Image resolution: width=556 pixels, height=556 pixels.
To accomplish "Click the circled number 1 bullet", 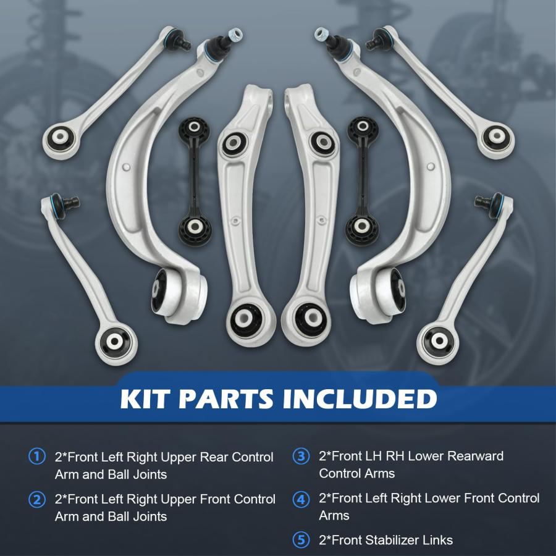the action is click(37, 457).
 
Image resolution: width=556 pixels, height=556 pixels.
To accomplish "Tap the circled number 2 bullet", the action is click(37, 499).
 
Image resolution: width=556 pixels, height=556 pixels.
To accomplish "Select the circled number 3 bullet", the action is click(301, 456).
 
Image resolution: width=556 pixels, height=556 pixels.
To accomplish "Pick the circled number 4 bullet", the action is click(301, 499).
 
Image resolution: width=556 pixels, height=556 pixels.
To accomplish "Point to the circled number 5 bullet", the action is click(301, 540).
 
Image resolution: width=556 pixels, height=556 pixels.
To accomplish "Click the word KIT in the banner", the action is click(143, 399).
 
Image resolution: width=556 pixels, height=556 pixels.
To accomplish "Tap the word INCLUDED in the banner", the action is click(360, 399).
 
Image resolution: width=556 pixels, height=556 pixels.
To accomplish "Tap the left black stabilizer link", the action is click(195, 182).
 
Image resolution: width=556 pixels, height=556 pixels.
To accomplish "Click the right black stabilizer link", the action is click(362, 182).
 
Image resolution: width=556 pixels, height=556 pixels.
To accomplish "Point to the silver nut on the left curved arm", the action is click(235, 35).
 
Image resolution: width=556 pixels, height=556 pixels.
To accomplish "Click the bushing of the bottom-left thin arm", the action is click(114, 342).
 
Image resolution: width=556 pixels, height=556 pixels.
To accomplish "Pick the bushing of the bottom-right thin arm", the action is click(439, 341).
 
